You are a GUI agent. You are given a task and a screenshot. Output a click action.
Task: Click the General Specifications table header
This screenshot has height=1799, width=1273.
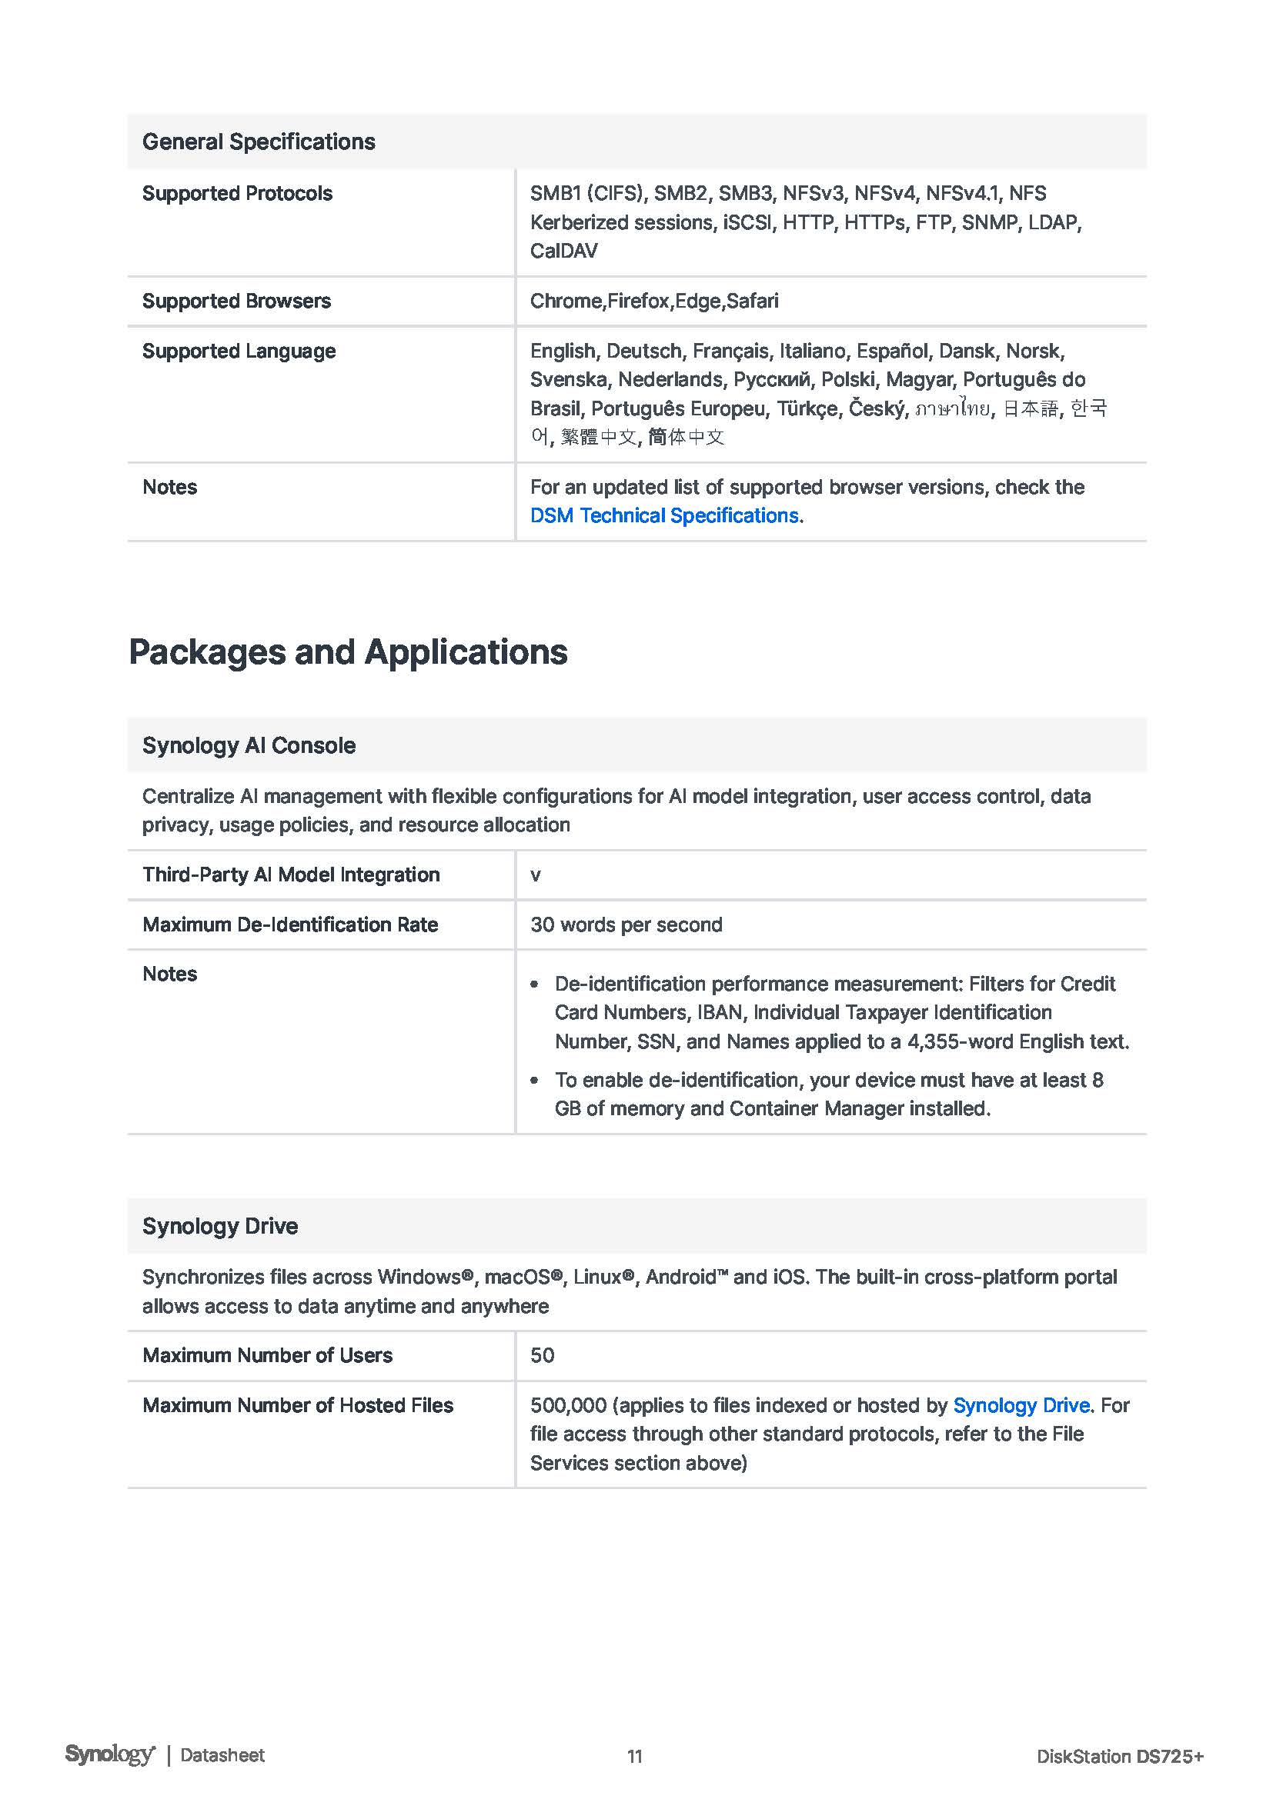[x=259, y=142]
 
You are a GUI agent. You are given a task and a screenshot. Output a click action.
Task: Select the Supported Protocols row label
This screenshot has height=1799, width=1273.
[x=237, y=194]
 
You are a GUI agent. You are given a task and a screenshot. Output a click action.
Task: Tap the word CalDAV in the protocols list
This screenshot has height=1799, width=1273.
[x=563, y=251]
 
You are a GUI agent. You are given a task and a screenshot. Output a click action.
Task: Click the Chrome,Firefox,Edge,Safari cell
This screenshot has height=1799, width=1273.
[x=653, y=301]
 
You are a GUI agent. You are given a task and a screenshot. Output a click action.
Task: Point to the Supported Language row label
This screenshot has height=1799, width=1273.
[x=239, y=351]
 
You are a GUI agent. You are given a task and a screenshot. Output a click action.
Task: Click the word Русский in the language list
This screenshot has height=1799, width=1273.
[x=771, y=380]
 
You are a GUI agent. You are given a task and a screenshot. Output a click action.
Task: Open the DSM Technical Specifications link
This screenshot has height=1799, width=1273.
[x=664, y=515]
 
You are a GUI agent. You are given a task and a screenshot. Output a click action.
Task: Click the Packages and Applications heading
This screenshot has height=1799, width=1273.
[x=348, y=652]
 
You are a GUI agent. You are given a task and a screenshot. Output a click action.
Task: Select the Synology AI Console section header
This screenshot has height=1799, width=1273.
[x=249, y=745]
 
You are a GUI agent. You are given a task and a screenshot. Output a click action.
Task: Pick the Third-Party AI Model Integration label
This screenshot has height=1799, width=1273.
[x=291, y=875]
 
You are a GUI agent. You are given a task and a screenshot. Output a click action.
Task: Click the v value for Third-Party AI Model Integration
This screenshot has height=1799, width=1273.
[x=536, y=875]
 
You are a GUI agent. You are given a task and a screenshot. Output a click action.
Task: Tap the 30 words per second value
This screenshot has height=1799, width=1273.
[x=626, y=924]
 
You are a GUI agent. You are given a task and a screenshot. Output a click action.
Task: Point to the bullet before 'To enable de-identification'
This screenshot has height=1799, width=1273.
[x=535, y=1081]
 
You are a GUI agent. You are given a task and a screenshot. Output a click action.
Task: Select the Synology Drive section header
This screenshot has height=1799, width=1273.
[x=219, y=1226]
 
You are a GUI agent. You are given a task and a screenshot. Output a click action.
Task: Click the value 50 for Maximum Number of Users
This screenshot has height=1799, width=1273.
[x=542, y=1355]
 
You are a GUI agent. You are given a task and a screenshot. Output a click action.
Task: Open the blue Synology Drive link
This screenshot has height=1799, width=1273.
[x=1021, y=1406]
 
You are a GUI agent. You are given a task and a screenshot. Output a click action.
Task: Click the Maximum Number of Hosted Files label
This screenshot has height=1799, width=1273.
[x=297, y=1406]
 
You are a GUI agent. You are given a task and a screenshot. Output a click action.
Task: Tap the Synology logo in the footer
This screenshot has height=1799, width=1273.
[x=110, y=1754]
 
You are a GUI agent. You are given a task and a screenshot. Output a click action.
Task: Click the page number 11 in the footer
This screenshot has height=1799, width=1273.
[x=635, y=1756]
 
